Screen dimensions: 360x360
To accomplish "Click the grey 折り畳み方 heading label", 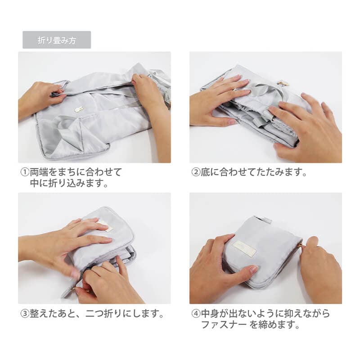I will pos(57,40).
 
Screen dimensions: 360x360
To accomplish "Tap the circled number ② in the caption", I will pos(196,172).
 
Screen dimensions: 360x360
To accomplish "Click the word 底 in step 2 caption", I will pos(205,172).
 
